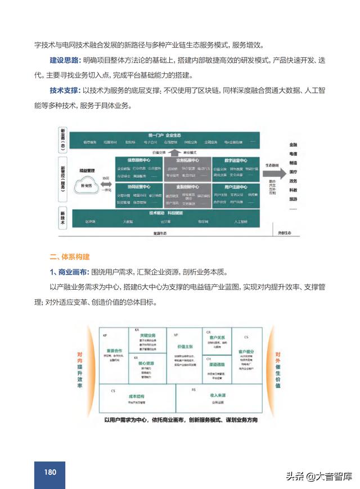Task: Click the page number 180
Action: (49, 472)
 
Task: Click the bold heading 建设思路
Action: (64, 60)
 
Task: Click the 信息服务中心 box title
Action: (138, 160)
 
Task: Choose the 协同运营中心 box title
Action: (138, 186)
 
